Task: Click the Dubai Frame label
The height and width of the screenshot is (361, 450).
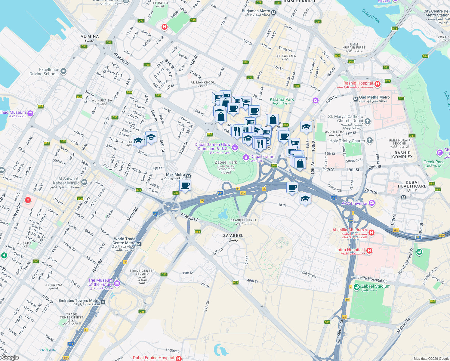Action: click(x=262, y=156)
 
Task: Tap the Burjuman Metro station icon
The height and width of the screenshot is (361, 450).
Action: click(x=273, y=13)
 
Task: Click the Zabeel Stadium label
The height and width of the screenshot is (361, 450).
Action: click(x=376, y=286)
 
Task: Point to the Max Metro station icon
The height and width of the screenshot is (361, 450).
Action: click(x=189, y=176)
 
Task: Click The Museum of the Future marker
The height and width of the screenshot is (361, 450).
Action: click(x=117, y=283)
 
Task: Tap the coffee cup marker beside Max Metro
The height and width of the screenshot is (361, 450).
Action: click(x=185, y=185)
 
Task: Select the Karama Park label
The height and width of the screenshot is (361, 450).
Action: click(x=282, y=99)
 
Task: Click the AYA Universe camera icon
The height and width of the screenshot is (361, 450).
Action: click(x=371, y=203)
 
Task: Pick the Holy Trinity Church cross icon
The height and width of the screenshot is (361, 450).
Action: click(x=370, y=140)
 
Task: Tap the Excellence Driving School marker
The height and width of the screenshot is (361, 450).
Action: click(x=63, y=71)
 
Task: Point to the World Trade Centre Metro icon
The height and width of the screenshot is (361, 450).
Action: click(x=139, y=244)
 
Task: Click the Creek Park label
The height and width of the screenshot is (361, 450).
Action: click(x=433, y=162)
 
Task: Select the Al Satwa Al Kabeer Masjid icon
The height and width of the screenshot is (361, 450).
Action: click(x=84, y=182)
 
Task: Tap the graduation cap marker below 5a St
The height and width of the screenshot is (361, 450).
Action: click(x=305, y=199)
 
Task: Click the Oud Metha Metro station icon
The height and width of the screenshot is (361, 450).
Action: click(x=356, y=99)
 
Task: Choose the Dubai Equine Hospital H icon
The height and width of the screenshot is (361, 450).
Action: click(x=179, y=358)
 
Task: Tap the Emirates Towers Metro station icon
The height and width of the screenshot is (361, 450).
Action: click(x=103, y=302)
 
